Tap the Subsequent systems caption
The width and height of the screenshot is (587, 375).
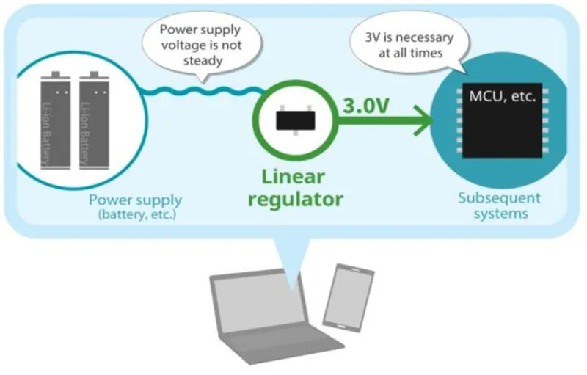pos(499,205)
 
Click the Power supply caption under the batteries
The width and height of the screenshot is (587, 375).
pos(135,200)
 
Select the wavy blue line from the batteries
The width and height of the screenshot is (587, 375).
pos(198,91)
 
